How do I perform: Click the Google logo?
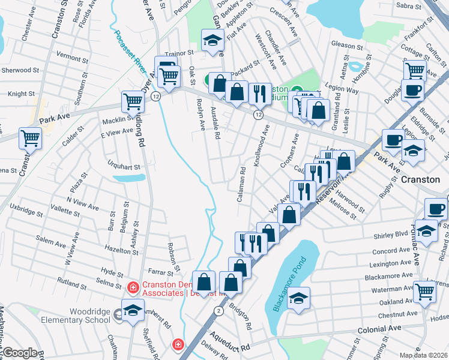[20, 353]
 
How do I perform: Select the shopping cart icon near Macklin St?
[133, 101]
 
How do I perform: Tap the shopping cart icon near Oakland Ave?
[424, 292]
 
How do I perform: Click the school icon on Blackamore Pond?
[298, 298]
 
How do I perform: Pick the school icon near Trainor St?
[212, 40]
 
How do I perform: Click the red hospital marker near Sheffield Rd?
[178, 345]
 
